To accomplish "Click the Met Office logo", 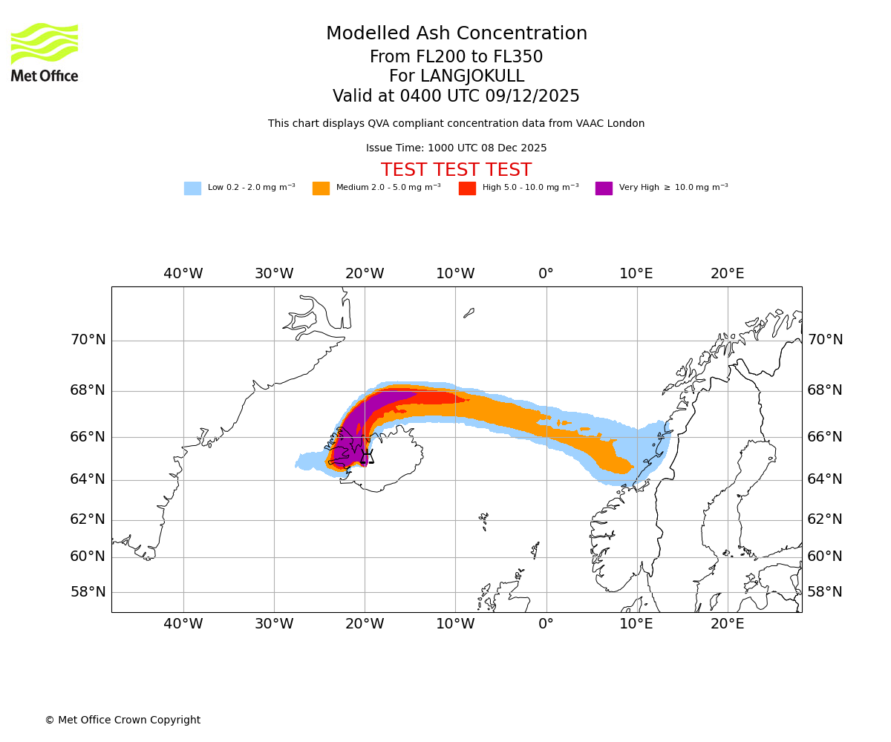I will [45, 52].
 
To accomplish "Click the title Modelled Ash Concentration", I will [457, 34].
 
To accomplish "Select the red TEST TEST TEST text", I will [456, 171].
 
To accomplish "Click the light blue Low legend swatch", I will [192, 188].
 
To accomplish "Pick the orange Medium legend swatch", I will [321, 188].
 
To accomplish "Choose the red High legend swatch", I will [467, 188].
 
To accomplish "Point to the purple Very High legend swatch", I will [604, 188].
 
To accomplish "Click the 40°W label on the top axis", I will [183, 274].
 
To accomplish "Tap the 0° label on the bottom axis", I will [546, 624].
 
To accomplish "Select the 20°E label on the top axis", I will [727, 274].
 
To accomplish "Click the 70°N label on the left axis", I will [88, 340].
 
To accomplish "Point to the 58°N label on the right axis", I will [825, 592].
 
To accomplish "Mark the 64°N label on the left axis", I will [88, 479].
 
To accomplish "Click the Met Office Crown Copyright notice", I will [123, 720].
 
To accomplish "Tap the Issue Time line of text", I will [456, 148].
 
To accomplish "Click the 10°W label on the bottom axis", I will [455, 624].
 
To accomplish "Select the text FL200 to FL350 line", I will [456, 57].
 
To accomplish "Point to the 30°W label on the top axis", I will [274, 274].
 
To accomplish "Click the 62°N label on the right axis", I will [825, 519].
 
